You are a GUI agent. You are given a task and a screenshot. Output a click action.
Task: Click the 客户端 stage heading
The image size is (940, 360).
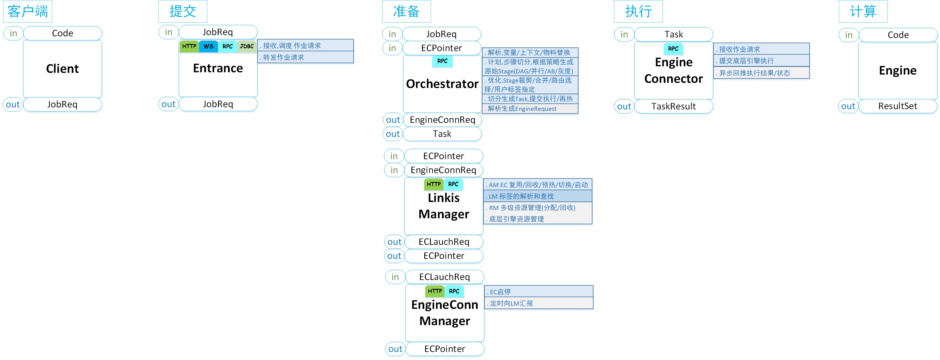point(28,11)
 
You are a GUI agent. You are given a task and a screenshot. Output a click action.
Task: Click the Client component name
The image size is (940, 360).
point(62,69)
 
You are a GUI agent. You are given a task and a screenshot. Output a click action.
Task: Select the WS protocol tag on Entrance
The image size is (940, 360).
point(208,46)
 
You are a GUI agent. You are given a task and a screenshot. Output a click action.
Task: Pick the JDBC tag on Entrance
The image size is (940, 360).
point(247,46)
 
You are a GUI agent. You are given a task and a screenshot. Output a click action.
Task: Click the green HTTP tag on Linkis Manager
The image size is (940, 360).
point(433,184)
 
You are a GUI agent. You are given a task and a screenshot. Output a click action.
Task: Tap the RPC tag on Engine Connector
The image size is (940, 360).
point(673,49)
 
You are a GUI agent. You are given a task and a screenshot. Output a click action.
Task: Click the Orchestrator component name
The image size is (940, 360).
point(442,84)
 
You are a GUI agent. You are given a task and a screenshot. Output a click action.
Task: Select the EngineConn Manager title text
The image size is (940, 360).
point(445,313)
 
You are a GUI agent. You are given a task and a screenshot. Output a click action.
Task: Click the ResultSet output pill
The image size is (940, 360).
point(897,106)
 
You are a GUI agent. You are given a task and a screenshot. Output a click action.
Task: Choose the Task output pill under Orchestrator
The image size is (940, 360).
point(442,134)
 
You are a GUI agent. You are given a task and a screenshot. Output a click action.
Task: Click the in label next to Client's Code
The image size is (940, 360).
point(13,33)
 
